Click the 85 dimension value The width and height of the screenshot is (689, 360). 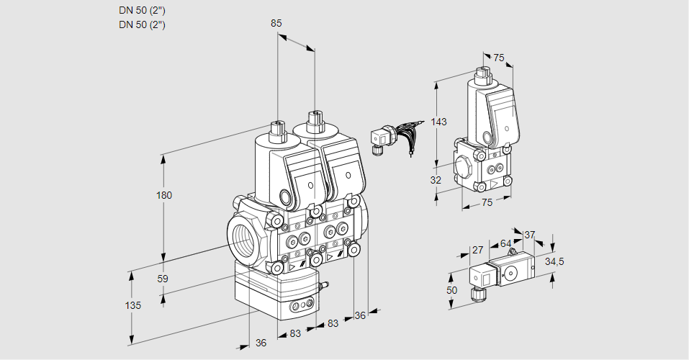[x=276, y=23]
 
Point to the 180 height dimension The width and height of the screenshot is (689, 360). [x=166, y=195]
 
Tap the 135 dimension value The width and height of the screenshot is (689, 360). [x=132, y=305]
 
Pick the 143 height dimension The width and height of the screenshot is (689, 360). [x=439, y=122]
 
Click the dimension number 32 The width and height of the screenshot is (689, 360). [x=435, y=180]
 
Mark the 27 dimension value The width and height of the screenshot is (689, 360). [x=477, y=250]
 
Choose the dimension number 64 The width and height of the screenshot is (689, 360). [x=505, y=243]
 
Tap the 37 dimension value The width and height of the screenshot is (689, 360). [x=529, y=235]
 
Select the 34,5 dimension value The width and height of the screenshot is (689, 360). [x=554, y=261]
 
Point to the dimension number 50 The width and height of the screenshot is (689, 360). [x=451, y=289]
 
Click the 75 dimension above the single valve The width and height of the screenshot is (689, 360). [x=498, y=58]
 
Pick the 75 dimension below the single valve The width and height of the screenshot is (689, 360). [x=487, y=203]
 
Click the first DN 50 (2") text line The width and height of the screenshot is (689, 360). [x=143, y=10]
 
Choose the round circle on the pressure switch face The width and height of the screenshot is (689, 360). [x=510, y=273]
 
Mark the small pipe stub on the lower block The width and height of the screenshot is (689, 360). [x=323, y=287]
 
